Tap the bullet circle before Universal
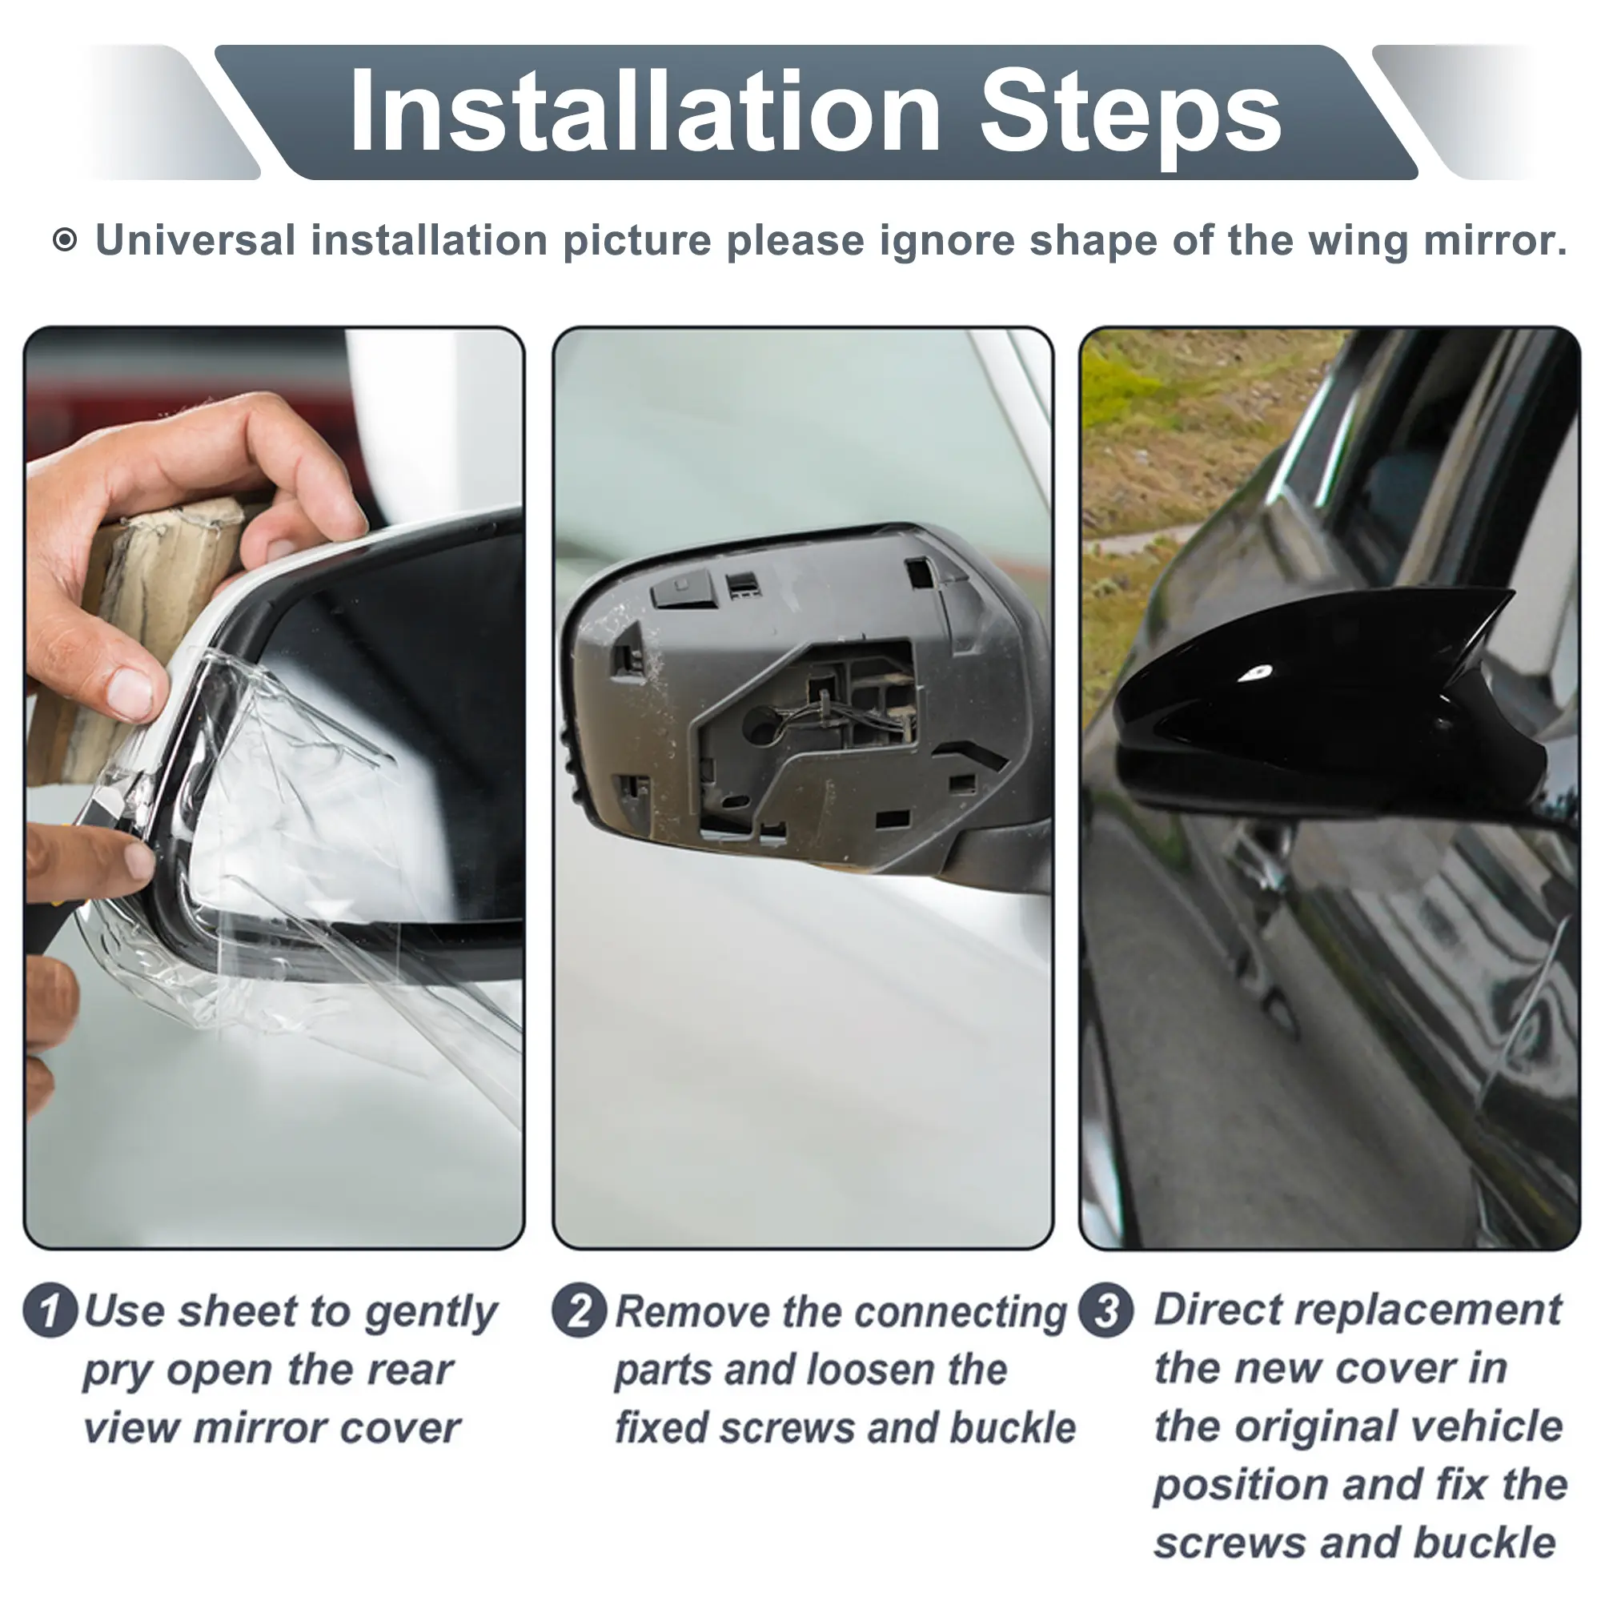pos(65,240)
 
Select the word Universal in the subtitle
pos(195,240)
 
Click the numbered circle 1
pos(50,1310)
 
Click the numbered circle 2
pos(580,1310)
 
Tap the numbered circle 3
pos(1105,1310)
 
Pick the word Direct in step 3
pos(1214,1310)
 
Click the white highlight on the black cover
pos(1256,672)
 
